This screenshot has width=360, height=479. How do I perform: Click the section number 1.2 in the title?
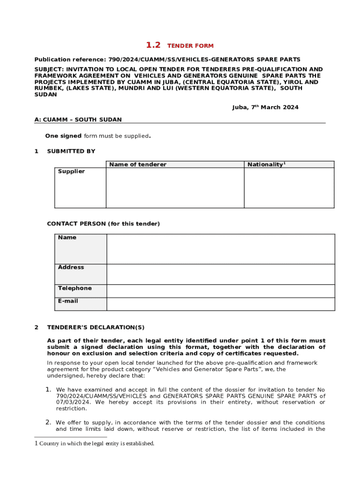[x=153, y=45]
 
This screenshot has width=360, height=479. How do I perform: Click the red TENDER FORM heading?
[x=190, y=46]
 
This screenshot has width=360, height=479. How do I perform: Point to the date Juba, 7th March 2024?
[x=265, y=108]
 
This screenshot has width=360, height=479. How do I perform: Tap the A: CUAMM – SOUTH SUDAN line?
[x=78, y=120]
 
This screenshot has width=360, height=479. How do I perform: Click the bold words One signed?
[x=63, y=136]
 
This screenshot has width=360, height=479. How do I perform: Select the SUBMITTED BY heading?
[x=71, y=151]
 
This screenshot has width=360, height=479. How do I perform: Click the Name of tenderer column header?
[x=137, y=164]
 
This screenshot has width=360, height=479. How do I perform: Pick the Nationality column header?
[x=266, y=164]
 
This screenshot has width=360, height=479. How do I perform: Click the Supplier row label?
[x=72, y=172]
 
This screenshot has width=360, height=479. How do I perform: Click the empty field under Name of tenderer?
[x=175, y=188]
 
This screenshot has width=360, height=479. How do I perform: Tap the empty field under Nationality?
[x=289, y=188]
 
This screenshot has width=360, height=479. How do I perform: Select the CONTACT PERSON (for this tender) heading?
[x=103, y=224]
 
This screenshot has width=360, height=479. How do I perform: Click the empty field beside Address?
[x=221, y=274]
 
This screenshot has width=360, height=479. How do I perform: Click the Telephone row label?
[x=75, y=288]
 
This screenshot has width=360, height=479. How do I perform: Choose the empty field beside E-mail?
[x=221, y=304]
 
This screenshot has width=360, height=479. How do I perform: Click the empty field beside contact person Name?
[x=221, y=249]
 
